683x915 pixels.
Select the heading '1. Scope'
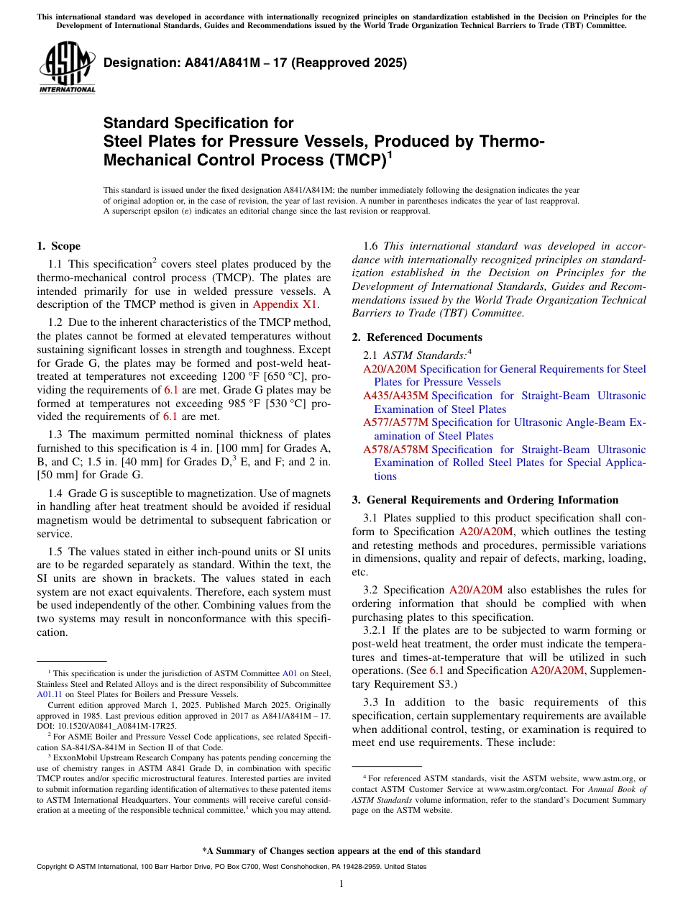pos(58,246)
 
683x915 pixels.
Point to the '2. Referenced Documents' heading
pos(417,337)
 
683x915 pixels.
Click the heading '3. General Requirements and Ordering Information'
pos(485,500)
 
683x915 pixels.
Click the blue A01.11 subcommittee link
pos(47,695)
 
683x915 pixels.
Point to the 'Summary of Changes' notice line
pos(341,851)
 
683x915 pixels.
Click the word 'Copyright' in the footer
pos(51,867)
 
